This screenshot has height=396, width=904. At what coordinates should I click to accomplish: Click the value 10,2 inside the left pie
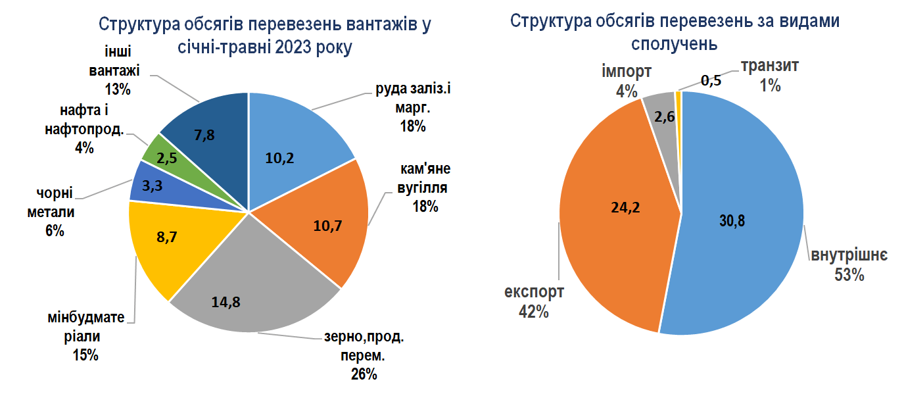click(x=279, y=159)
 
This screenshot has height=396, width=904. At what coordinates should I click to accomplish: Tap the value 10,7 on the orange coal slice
click(x=327, y=226)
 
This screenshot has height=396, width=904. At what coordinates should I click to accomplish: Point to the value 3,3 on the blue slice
click(x=152, y=186)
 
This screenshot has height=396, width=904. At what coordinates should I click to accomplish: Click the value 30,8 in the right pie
click(x=732, y=221)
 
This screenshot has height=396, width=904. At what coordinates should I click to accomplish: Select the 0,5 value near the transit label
click(x=711, y=81)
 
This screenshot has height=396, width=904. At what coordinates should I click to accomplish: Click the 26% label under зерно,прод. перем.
click(x=364, y=374)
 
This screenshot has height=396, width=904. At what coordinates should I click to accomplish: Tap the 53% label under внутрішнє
click(x=849, y=275)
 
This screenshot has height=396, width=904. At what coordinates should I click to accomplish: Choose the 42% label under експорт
click(x=533, y=312)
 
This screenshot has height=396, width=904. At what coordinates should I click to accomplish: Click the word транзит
click(x=770, y=66)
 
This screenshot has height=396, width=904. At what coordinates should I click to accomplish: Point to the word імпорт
click(x=627, y=72)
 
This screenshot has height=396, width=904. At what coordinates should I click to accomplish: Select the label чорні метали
click(x=51, y=203)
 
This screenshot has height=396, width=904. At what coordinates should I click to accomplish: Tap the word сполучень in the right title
click(x=674, y=43)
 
